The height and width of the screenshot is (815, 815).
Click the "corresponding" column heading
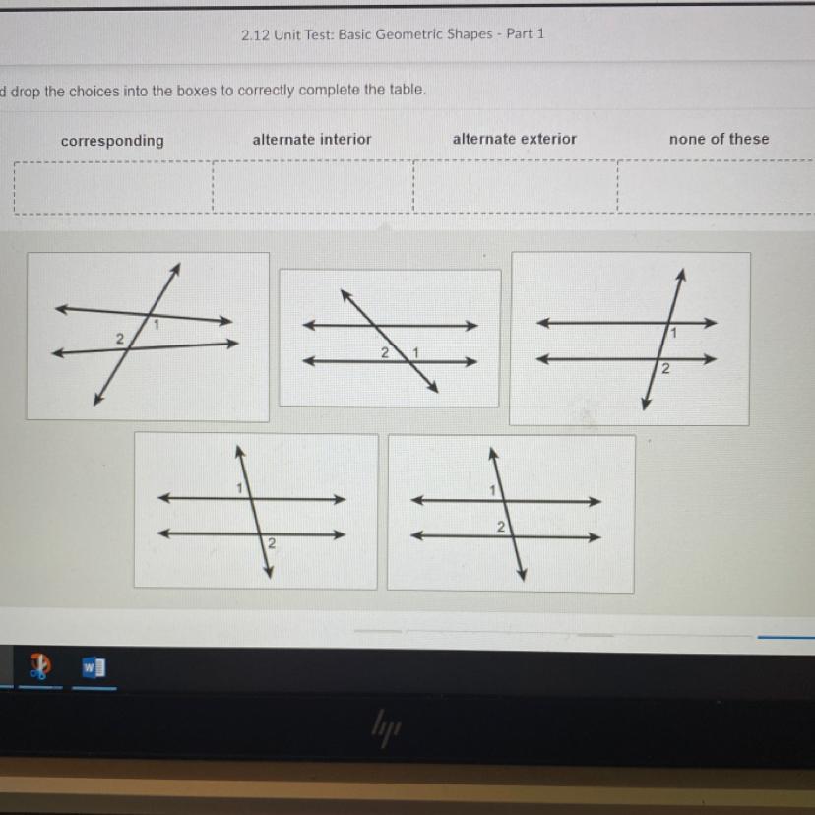(112, 141)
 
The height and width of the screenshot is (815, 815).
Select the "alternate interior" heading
(312, 140)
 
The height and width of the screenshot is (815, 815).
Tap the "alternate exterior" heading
(515, 139)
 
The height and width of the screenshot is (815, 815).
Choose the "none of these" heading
(719, 139)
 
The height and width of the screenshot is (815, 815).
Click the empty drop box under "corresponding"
(113, 188)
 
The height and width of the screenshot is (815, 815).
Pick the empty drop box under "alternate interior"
(313, 187)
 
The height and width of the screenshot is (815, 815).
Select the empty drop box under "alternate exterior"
(516, 186)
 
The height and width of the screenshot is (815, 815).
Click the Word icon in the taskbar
(94, 667)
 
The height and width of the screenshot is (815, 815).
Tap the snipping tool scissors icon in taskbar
(40, 665)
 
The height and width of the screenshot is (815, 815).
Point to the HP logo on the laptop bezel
(386, 727)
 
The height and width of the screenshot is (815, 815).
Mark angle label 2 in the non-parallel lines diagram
(119, 339)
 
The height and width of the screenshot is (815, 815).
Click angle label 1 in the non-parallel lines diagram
(156, 325)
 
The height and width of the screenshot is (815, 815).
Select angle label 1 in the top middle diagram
(415, 353)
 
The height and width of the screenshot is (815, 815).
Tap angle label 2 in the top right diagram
(665, 369)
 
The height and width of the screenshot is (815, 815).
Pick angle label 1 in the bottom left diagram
(239, 488)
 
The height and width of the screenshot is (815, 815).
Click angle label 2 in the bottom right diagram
(501, 527)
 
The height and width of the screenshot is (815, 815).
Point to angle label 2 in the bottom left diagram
(272, 543)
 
